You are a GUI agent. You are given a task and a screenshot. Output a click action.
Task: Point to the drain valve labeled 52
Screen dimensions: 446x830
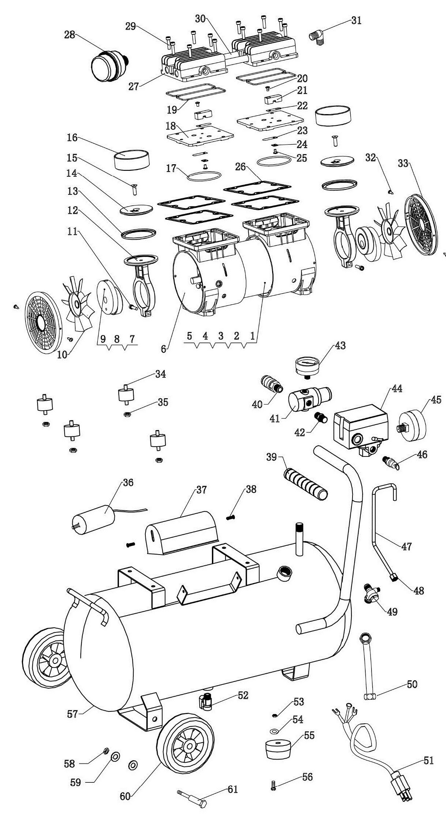coord(206,701)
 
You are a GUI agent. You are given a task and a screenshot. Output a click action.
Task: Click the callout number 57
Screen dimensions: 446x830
coord(72,714)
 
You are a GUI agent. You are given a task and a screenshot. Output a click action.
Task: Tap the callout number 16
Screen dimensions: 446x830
coord(72,138)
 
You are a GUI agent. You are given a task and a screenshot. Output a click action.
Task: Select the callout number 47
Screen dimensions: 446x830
coord(406,547)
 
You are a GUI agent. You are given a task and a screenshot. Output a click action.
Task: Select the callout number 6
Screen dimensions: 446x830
coord(164,349)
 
